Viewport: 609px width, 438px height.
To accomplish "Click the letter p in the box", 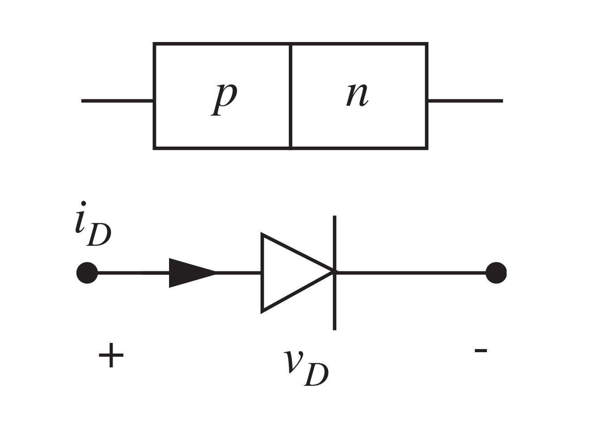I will point(224,97).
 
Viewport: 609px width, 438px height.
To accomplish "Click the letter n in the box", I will point(357,95).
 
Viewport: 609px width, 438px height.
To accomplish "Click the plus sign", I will point(111,356).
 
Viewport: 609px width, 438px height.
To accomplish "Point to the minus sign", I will point(481,350).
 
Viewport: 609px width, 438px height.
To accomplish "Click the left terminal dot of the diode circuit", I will point(87,273).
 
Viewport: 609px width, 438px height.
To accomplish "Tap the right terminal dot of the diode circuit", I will point(496,273).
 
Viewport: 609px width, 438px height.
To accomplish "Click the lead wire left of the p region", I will point(117,101).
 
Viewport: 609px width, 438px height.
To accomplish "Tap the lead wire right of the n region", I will point(465,101).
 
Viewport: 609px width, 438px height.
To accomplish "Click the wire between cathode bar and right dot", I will point(411,272).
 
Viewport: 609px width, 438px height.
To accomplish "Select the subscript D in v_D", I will point(317,375).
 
